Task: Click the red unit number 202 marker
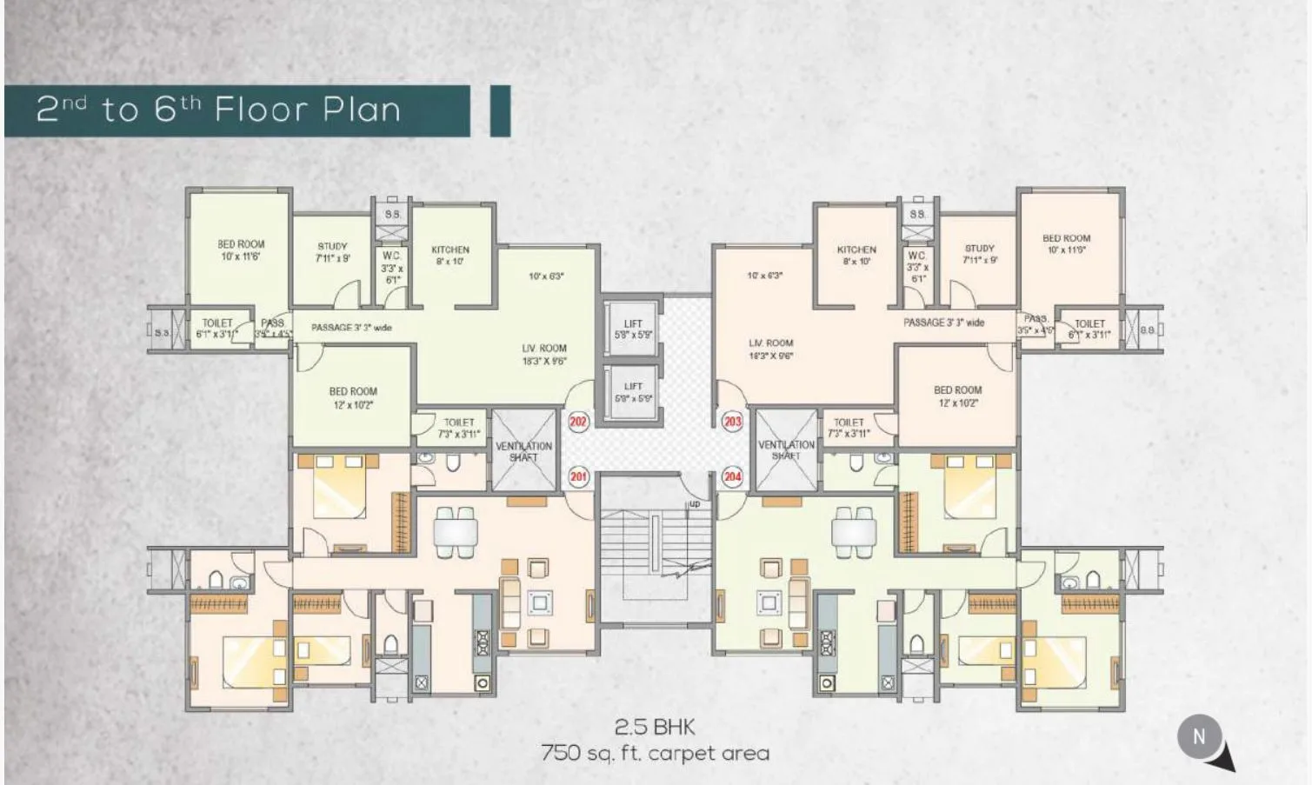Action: pyautogui.click(x=578, y=422)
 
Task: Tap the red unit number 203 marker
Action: pyautogui.click(x=733, y=422)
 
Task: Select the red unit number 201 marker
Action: pyautogui.click(x=578, y=476)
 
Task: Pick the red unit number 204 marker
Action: pyautogui.click(x=733, y=476)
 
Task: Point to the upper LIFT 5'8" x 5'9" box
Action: pyautogui.click(x=633, y=329)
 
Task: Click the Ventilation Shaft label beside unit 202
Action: pyautogui.click(x=523, y=451)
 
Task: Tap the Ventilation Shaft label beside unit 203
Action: pyautogui.click(x=786, y=449)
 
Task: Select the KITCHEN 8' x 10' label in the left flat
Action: pyautogui.click(x=450, y=255)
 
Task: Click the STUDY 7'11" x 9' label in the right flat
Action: pyautogui.click(x=979, y=254)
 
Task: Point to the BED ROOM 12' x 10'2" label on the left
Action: pyautogui.click(x=353, y=398)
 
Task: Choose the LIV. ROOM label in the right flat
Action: pyautogui.click(x=771, y=349)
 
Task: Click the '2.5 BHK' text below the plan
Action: pyautogui.click(x=656, y=727)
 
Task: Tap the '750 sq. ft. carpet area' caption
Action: pyautogui.click(x=656, y=753)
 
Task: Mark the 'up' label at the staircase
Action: pyautogui.click(x=694, y=504)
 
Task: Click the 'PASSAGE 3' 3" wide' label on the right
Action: pyautogui.click(x=943, y=323)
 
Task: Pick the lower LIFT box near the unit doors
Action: pyautogui.click(x=633, y=392)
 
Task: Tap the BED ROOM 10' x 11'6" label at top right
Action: pyautogui.click(x=1066, y=243)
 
